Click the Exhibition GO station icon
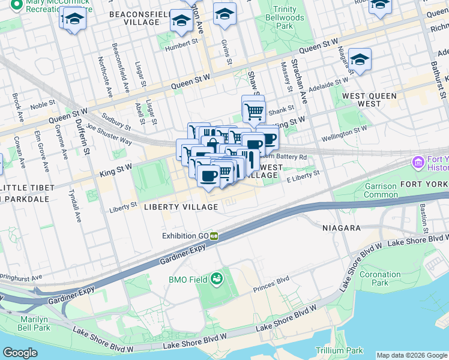(213, 236)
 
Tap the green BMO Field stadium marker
(216, 278)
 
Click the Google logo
(20, 353)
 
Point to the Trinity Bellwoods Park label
(276, 18)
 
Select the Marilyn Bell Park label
(34, 323)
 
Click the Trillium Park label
(340, 350)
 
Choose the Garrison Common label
(381, 190)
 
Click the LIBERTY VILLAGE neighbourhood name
(181, 207)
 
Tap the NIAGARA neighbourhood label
(341, 228)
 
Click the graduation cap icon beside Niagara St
(360, 59)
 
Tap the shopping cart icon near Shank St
(254, 110)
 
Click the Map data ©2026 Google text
(412, 355)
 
